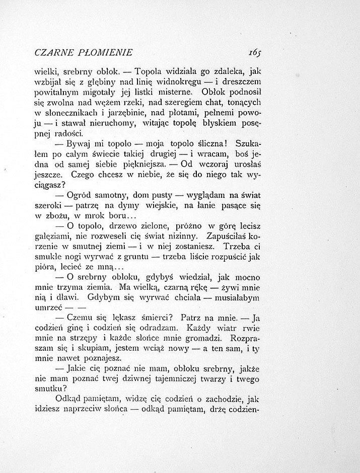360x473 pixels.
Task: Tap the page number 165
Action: coord(254,52)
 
